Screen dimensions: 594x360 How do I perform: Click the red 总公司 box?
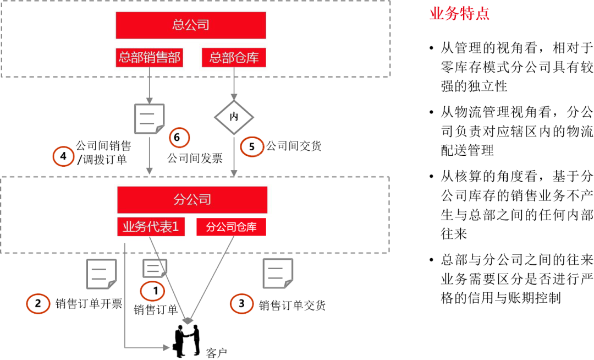click(190, 25)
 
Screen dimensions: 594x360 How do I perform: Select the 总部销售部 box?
click(149, 58)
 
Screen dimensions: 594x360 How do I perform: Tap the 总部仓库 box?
click(234, 58)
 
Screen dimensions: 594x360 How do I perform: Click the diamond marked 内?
click(234, 117)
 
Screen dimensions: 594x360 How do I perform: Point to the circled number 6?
click(179, 137)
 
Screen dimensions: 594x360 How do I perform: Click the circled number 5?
click(251, 146)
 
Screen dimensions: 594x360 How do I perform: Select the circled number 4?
click(63, 156)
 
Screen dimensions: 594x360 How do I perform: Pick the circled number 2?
click(38, 303)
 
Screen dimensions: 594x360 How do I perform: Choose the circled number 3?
click(241, 303)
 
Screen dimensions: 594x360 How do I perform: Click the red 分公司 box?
click(192, 200)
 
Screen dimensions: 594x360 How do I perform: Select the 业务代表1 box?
click(151, 227)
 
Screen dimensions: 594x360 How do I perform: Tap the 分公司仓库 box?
click(231, 227)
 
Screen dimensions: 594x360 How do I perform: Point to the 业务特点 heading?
click(459, 14)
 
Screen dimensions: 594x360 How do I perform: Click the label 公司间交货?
click(294, 146)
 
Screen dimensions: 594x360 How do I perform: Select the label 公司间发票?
click(195, 158)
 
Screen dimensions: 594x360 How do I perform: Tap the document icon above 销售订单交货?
click(278, 274)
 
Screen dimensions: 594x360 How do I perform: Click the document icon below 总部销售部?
click(150, 118)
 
